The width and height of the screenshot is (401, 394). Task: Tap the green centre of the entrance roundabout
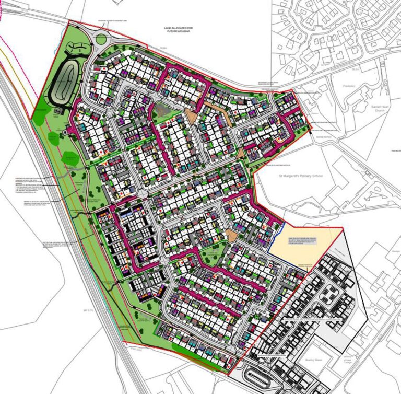tap(100, 38)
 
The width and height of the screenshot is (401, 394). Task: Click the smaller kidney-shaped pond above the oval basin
tap(77, 49)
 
